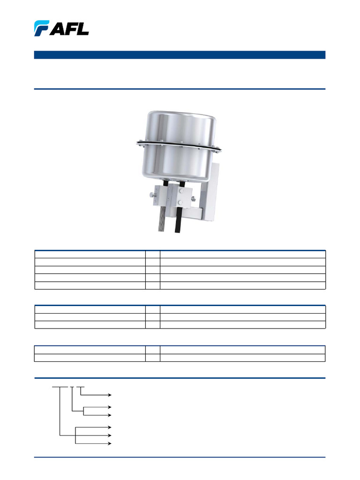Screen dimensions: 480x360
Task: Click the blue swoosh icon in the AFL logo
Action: [x=41, y=28]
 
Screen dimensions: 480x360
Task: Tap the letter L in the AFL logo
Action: [x=82, y=29]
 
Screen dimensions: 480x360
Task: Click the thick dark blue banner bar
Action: [x=180, y=55]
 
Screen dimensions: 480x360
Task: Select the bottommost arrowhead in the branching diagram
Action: [x=110, y=442]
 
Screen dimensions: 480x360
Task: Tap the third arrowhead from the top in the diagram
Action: [x=110, y=415]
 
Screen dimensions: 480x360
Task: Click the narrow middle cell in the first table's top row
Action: [x=152, y=254]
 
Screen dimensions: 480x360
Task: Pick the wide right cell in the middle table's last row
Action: [x=242, y=324]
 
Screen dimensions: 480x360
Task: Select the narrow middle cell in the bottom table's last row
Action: [x=152, y=358]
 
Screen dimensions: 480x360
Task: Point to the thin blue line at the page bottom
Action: [x=180, y=457]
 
